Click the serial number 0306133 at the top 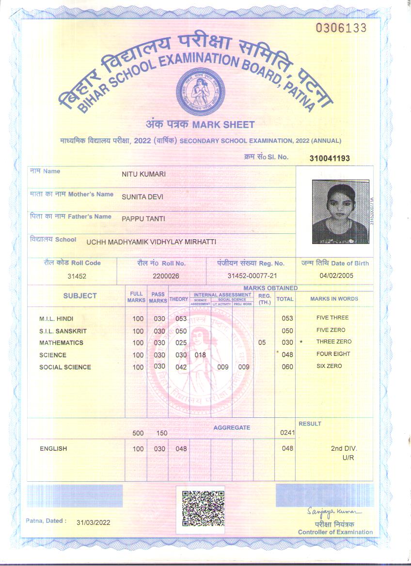pyautogui.click(x=341, y=28)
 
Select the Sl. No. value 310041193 pyautogui.click(x=330, y=158)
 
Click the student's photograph pyautogui.click(x=340, y=212)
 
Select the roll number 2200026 pyautogui.click(x=166, y=275)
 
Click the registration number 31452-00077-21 pyautogui.click(x=252, y=275)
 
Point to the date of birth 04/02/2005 pyautogui.click(x=336, y=275)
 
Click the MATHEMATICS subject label pyautogui.click(x=61, y=343)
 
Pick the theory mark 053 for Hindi pyautogui.click(x=181, y=319)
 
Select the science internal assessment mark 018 pyautogui.click(x=200, y=355)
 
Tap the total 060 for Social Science pyautogui.click(x=287, y=367)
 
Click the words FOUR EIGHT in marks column pyautogui.click(x=333, y=354)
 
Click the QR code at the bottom pyautogui.click(x=203, y=508)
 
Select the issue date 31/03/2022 pyautogui.click(x=94, y=522)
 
